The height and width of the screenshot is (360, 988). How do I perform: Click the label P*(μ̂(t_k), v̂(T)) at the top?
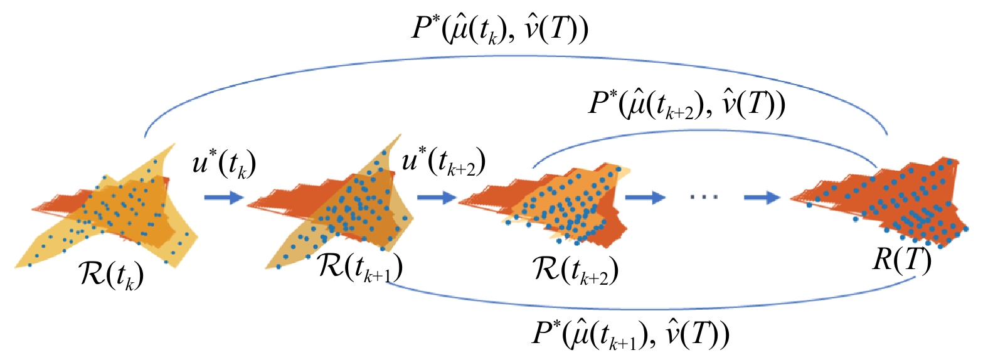(499, 29)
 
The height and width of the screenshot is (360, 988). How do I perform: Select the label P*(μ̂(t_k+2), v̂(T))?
(687, 105)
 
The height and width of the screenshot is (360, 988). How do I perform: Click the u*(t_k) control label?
(224, 163)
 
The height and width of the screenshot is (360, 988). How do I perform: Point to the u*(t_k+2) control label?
(444, 161)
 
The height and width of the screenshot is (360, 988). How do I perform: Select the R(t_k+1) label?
(360, 268)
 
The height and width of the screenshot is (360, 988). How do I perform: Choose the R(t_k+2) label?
(575, 270)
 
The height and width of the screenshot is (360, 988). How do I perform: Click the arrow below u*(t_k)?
(224, 197)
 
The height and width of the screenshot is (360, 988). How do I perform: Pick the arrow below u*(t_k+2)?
(437, 197)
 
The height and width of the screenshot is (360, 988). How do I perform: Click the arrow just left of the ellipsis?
(645, 197)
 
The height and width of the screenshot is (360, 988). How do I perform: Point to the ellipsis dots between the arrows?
(704, 197)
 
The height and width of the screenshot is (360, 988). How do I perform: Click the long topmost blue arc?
(516, 56)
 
